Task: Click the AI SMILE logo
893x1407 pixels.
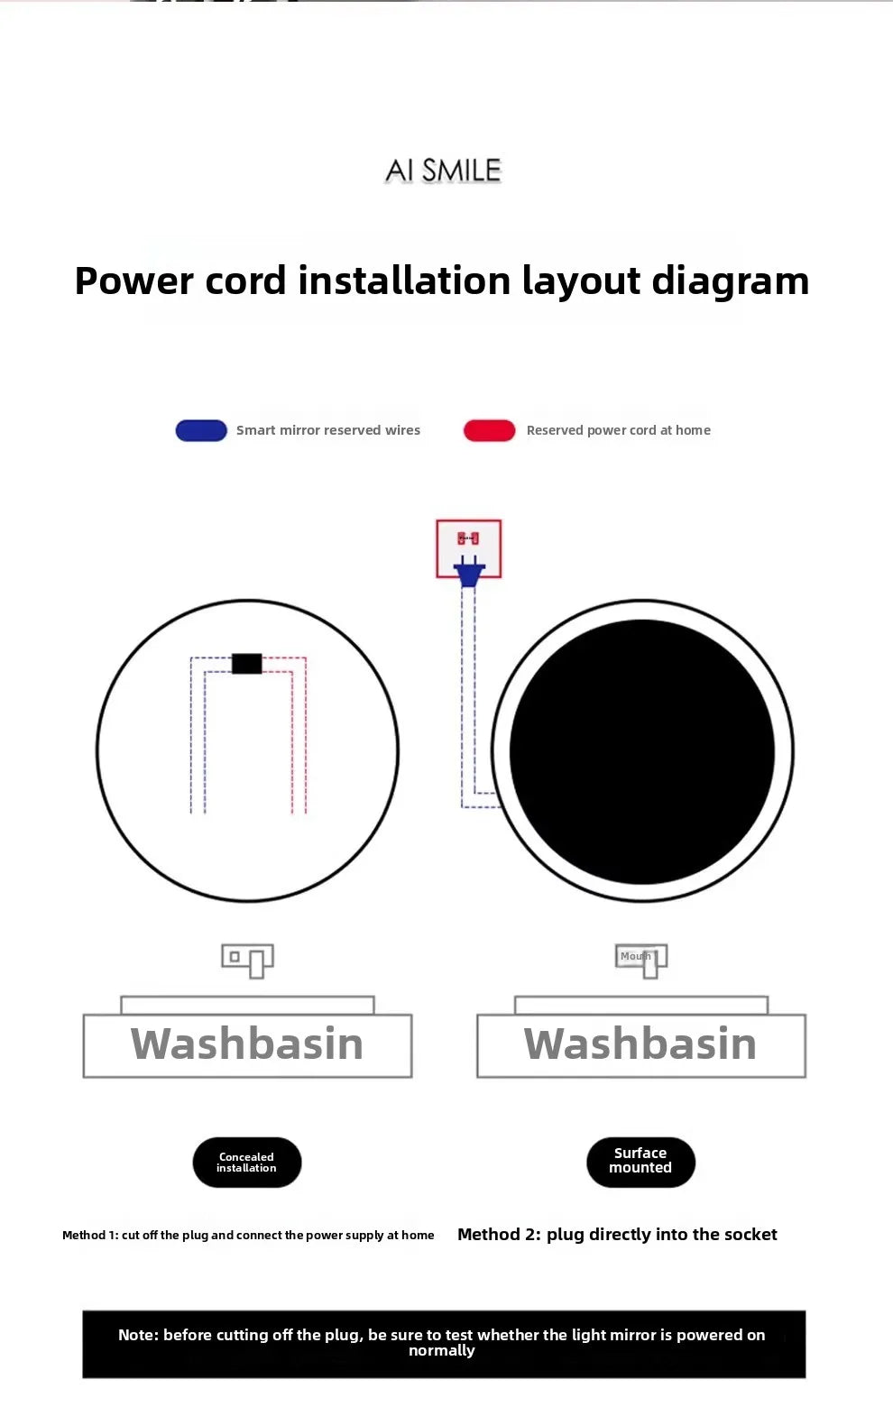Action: point(443,170)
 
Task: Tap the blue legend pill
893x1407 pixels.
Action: point(201,431)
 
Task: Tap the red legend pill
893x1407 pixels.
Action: point(489,431)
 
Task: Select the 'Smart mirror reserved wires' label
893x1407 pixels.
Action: point(328,431)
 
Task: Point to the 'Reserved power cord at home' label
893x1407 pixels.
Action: point(618,431)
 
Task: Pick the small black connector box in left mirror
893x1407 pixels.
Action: point(246,664)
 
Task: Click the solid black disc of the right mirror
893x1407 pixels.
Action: point(642,751)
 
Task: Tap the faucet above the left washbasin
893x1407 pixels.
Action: point(248,960)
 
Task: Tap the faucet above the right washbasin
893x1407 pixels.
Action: point(642,960)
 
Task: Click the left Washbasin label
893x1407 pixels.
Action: point(247,1044)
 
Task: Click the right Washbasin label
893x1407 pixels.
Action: point(640,1044)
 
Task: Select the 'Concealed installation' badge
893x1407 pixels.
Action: point(246,1163)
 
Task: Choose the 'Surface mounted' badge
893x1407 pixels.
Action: point(640,1162)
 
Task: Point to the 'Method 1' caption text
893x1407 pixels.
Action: point(248,1236)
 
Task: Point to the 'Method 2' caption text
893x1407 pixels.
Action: point(617,1235)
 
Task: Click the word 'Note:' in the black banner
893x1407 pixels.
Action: point(138,1336)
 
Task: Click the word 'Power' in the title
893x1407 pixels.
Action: point(133,281)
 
